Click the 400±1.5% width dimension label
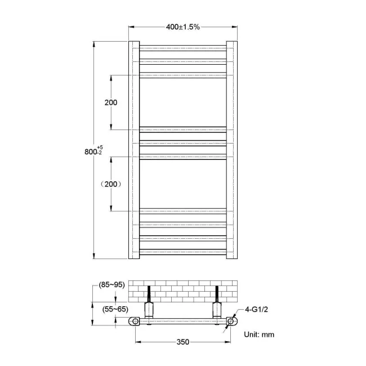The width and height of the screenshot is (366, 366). pyautogui.click(x=183, y=26)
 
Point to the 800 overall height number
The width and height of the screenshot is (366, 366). pyautogui.click(x=90, y=151)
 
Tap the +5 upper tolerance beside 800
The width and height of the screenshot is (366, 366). pyautogui.click(x=101, y=148)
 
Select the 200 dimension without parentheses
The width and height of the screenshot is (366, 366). pyautogui.click(x=111, y=102)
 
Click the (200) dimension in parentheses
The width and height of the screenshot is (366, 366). pyautogui.click(x=111, y=184)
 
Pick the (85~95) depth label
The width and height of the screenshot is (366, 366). pyautogui.click(x=111, y=285)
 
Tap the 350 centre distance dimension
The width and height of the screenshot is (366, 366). pyautogui.click(x=182, y=342)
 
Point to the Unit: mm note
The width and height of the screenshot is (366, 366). pyautogui.click(x=259, y=334)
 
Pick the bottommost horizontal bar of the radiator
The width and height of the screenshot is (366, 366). pyautogui.click(x=183, y=252)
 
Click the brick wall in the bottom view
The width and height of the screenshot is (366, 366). pyautogui.click(x=183, y=291)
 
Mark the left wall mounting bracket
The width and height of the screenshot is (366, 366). pyautogui.click(x=149, y=307)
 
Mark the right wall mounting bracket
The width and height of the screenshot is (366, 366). pyautogui.click(x=217, y=307)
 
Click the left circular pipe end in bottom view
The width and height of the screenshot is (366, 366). pyautogui.click(x=135, y=322)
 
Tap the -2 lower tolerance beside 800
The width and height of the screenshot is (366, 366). pyautogui.click(x=100, y=153)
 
